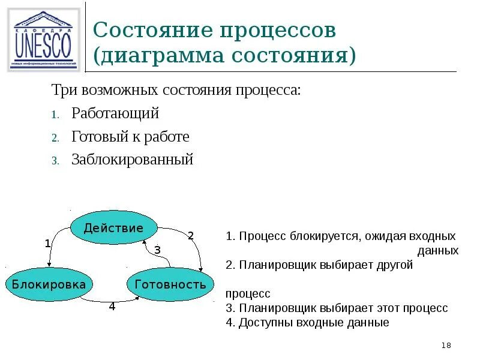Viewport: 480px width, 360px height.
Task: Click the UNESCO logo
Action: click(x=43, y=40)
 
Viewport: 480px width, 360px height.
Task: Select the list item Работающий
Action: click(x=115, y=113)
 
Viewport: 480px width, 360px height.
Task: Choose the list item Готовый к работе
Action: click(x=130, y=136)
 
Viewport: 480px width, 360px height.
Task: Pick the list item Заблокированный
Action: click(x=132, y=160)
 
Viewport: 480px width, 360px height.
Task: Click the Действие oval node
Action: click(x=113, y=228)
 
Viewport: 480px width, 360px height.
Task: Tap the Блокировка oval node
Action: click(x=49, y=284)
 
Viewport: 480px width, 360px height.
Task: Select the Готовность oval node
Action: click(x=170, y=284)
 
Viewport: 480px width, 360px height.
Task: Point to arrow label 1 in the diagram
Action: click(x=47, y=244)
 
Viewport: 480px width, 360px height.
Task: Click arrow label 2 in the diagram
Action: click(x=191, y=236)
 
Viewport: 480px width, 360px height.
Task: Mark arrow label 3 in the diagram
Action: click(x=157, y=250)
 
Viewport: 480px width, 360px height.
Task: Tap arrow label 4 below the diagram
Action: click(x=112, y=307)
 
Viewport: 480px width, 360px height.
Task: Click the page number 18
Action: click(x=446, y=345)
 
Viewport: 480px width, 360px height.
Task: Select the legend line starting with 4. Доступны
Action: click(x=308, y=322)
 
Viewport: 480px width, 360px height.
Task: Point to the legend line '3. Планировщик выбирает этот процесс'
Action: click(x=337, y=308)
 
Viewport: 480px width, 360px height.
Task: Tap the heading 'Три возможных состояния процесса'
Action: click(x=175, y=91)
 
